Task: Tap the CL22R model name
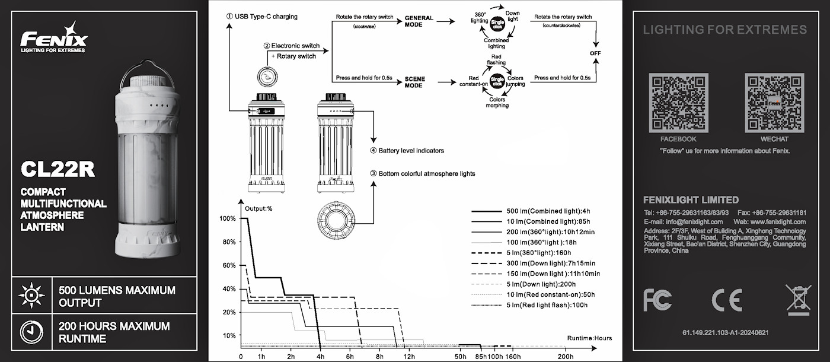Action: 58,169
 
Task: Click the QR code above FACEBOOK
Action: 678,103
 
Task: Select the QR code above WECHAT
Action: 774,103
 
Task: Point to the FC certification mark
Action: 657,300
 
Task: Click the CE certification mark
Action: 727,300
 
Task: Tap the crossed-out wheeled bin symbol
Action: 797,299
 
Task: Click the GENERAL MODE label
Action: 419,22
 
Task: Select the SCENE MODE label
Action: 414,82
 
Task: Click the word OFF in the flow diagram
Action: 595,53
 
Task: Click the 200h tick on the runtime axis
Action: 565,356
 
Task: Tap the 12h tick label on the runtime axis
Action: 409,356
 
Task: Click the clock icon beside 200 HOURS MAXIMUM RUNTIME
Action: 31,332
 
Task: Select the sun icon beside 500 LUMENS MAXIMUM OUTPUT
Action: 31,295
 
